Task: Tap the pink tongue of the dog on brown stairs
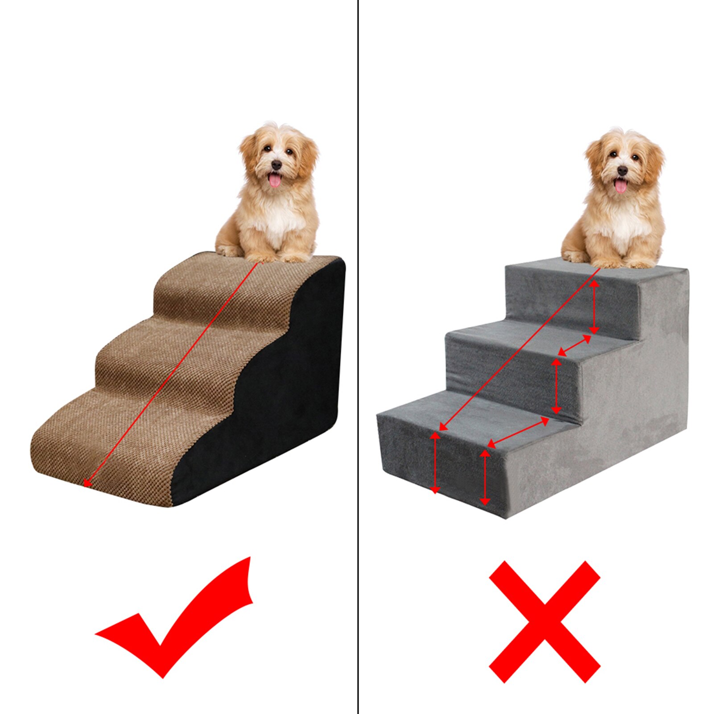275,181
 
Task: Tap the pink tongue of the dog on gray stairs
620,185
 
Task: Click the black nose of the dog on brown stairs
277,165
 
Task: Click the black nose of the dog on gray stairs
622,170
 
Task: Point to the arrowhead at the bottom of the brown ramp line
87,483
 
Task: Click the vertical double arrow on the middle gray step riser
556,386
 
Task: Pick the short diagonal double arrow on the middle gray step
574,346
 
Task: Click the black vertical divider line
358,357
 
